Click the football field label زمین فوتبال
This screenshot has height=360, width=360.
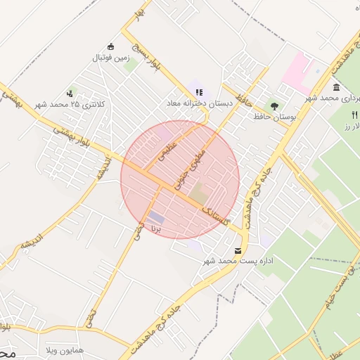(107, 58)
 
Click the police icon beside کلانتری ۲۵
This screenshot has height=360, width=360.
(70, 93)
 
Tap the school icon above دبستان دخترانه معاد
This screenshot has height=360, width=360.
(199, 91)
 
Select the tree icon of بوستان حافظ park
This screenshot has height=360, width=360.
(274, 103)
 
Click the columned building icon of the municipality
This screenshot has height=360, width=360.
(336, 87)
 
